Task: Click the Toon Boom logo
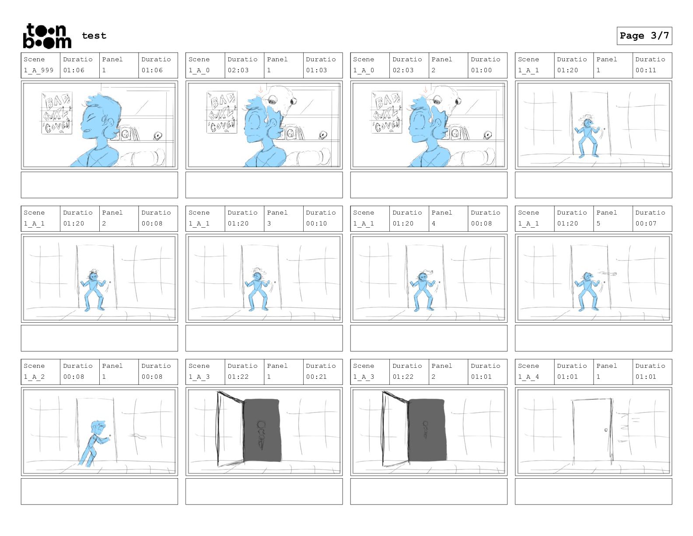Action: [47, 36]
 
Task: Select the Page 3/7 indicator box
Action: [644, 36]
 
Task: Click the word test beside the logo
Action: [94, 35]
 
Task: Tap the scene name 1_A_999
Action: [38, 70]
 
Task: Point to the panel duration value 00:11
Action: [646, 70]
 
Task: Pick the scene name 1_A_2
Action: [34, 377]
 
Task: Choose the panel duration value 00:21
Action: [316, 377]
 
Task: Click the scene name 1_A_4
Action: [528, 377]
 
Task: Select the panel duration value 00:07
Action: [646, 223]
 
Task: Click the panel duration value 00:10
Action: [316, 223]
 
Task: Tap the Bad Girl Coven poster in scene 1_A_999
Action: [57, 113]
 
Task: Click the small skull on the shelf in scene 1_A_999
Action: [157, 136]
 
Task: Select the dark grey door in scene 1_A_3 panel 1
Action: [262, 430]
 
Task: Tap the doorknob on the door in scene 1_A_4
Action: [606, 430]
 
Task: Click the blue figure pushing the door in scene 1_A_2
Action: [94, 443]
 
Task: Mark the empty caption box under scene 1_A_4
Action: [593, 491]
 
